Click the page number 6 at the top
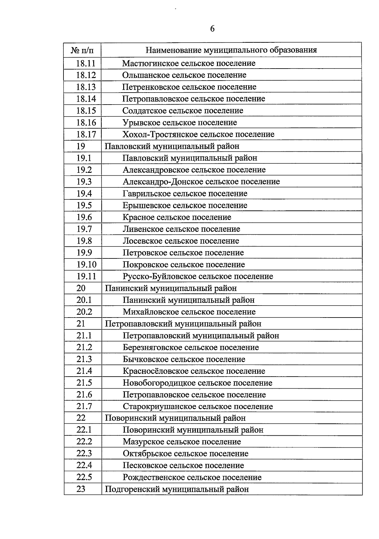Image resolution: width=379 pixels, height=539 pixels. click(x=212, y=29)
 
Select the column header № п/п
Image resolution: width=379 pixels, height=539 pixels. click(x=82, y=50)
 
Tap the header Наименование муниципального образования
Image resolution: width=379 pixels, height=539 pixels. click(x=231, y=50)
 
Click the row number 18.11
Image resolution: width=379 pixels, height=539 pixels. click(x=86, y=63)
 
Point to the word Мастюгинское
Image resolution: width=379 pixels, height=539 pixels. click(x=151, y=63)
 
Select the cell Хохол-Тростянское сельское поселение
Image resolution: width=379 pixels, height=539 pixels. click(x=198, y=134)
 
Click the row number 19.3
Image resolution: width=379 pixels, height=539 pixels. click(x=84, y=182)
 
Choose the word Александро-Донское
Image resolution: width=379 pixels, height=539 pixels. click(x=163, y=182)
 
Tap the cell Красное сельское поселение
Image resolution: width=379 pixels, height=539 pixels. click(x=177, y=217)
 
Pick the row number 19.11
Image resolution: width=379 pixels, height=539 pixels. click(x=86, y=276)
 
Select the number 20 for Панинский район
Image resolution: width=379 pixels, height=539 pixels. click(x=81, y=288)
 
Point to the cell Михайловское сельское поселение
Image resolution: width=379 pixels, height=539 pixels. click(x=189, y=312)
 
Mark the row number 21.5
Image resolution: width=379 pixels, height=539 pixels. click(x=84, y=383)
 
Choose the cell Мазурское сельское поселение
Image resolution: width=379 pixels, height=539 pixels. click(x=182, y=442)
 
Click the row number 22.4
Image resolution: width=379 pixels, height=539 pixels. click(x=84, y=465)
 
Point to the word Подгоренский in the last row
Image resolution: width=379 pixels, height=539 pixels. click(x=132, y=489)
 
